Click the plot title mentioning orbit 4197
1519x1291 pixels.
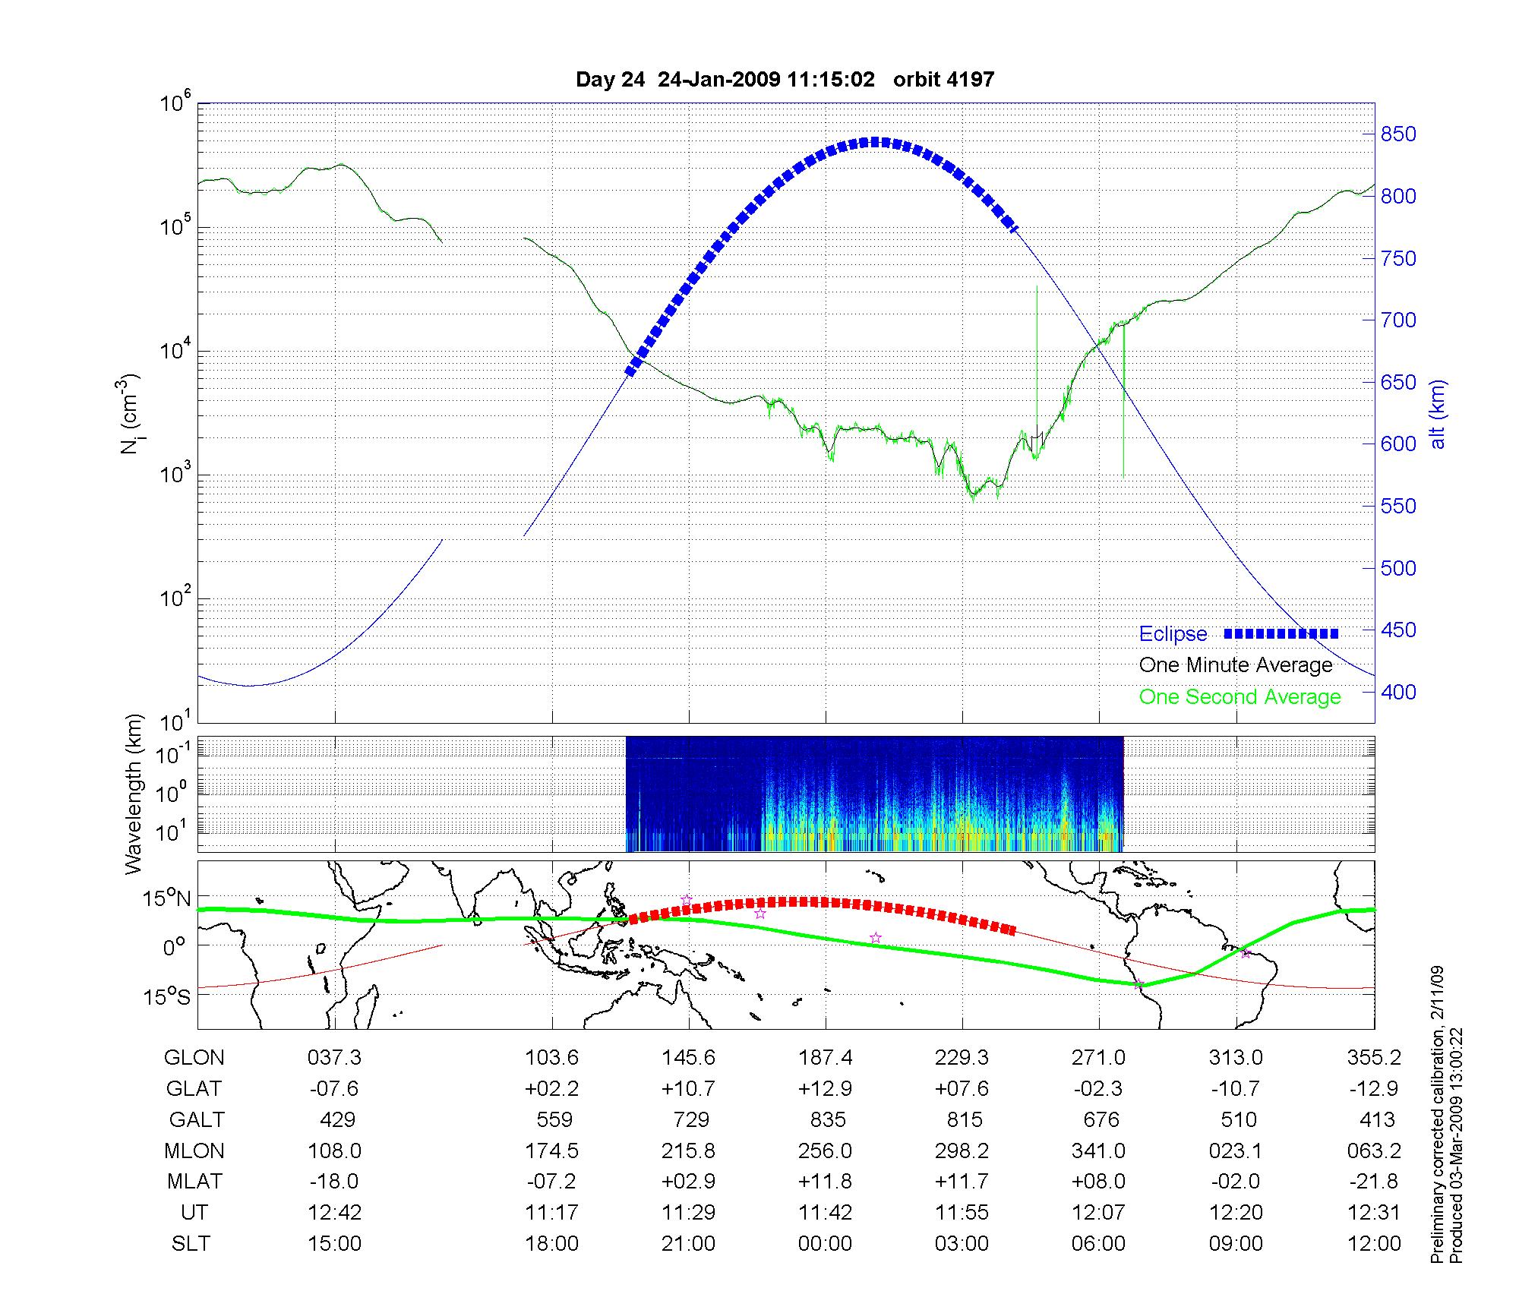tap(785, 80)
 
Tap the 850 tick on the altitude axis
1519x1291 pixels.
tap(1398, 134)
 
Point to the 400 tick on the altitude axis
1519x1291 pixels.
tap(1398, 692)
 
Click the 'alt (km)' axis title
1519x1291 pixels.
tap(1438, 414)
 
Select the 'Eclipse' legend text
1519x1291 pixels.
tap(1173, 634)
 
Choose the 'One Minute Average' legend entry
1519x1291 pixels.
tap(1236, 665)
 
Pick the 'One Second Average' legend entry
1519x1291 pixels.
tap(1240, 697)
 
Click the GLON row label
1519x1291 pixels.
tap(194, 1057)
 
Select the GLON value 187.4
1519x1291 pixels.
tap(825, 1057)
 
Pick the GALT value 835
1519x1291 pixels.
tap(827, 1119)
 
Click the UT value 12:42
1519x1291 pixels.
tap(335, 1213)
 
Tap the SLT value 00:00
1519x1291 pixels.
tap(825, 1244)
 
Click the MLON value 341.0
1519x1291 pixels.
tap(1098, 1151)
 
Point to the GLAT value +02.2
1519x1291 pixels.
tap(551, 1088)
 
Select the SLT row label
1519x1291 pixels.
tap(191, 1244)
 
